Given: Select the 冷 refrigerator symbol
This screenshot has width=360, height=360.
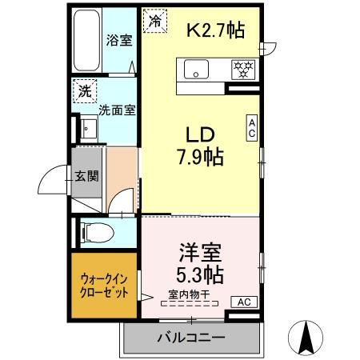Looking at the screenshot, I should point(154,22).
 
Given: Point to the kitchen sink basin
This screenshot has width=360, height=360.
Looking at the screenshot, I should point(197,70).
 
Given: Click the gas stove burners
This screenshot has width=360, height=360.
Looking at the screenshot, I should point(241,70).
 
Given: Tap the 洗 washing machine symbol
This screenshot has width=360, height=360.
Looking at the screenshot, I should point(84,91).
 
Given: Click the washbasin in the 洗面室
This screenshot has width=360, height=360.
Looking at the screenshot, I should point(86,130).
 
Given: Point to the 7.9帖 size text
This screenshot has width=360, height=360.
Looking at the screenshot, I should point(200,156).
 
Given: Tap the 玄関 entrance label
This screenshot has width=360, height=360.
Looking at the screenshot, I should point(86,177).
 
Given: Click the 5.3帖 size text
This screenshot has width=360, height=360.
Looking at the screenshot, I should point(200,274).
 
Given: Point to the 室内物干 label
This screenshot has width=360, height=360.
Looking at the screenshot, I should point(186,294).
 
